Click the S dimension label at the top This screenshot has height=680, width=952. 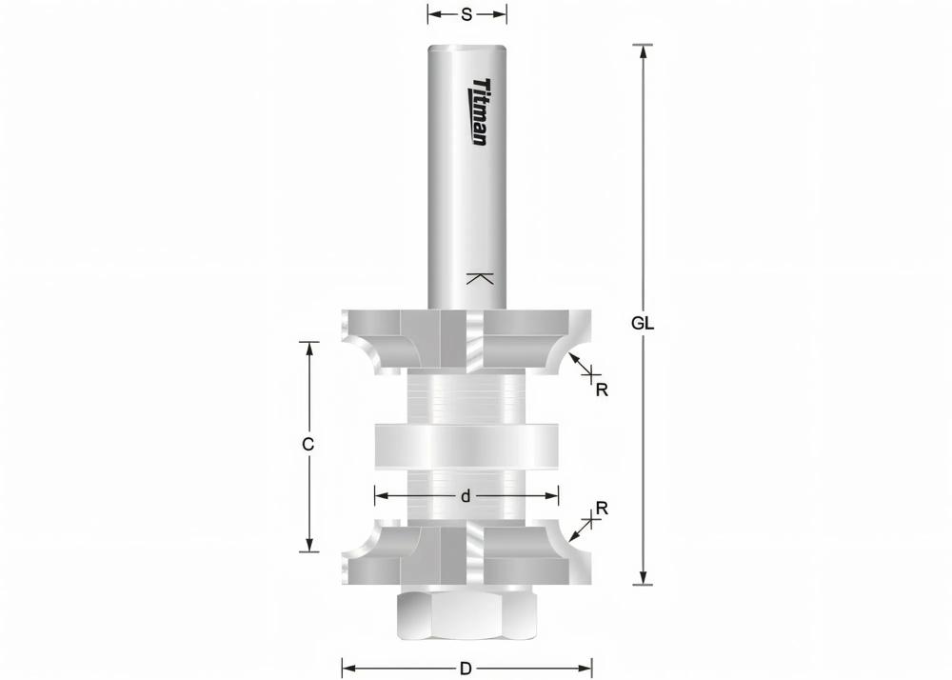point(466,14)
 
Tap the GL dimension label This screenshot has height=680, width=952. point(643,324)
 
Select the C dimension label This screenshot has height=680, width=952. point(308,445)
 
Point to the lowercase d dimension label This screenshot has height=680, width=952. point(466,496)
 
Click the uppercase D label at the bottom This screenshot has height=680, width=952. point(466,669)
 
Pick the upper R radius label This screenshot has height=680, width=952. point(602,390)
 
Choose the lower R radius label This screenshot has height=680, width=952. point(602,509)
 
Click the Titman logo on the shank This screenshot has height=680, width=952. point(478,112)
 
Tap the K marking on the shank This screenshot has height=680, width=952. point(479,279)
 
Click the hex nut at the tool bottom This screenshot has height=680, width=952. point(467,615)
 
